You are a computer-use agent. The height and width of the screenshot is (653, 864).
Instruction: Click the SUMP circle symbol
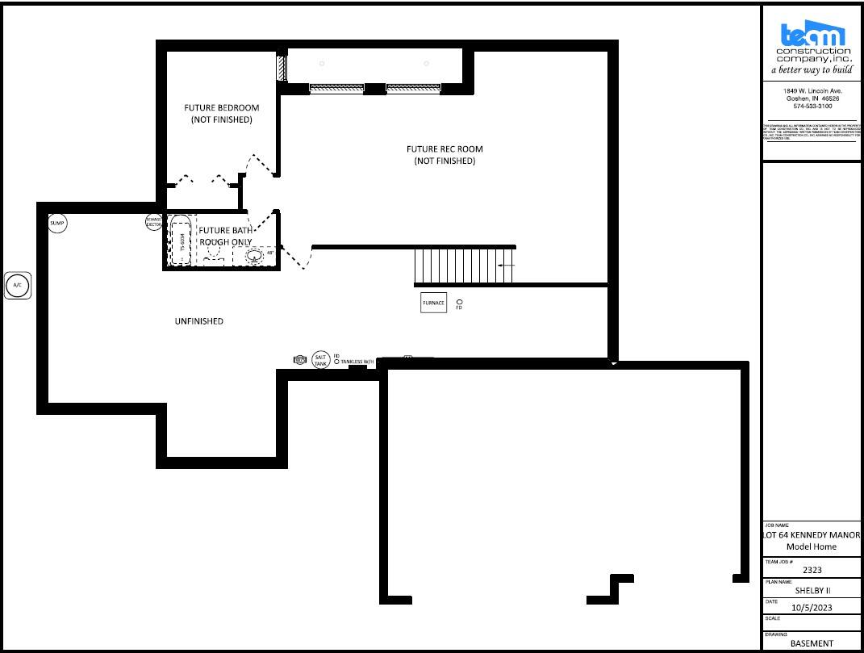tap(57, 223)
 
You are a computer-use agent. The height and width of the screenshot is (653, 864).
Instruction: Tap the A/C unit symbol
tap(18, 285)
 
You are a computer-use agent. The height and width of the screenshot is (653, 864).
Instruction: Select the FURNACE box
tap(433, 303)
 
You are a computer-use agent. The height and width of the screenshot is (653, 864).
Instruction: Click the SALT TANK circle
tap(321, 360)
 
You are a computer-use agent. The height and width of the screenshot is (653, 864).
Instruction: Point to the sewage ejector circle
tap(154, 222)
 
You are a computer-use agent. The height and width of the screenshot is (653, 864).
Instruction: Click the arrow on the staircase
tap(507, 265)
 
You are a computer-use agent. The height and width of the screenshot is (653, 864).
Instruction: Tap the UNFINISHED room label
tap(199, 321)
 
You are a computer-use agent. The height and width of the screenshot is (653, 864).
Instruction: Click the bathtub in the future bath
tap(182, 240)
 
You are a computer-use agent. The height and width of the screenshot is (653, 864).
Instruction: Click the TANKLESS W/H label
tap(358, 362)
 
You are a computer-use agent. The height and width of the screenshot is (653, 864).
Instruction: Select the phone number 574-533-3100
tap(812, 106)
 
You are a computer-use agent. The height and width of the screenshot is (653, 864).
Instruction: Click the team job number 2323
tap(812, 569)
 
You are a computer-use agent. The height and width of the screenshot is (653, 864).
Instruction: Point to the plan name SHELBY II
tap(812, 590)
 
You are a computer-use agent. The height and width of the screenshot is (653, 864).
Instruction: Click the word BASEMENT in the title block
tap(812, 643)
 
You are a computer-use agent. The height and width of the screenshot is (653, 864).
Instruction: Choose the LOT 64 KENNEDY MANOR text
tap(812, 535)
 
